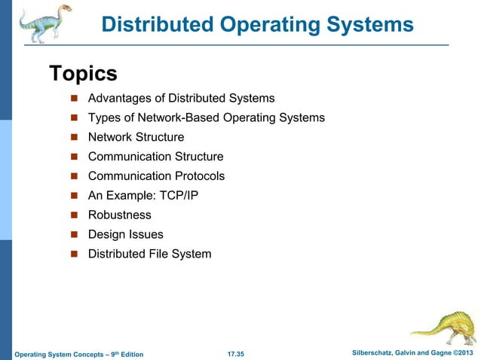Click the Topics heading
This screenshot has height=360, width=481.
pyautogui.click(x=83, y=74)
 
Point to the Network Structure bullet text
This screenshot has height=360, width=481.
pyautogui.click(x=136, y=137)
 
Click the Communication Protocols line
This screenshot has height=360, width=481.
pyautogui.click(x=156, y=176)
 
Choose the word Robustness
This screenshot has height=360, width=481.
pyautogui.click(x=119, y=215)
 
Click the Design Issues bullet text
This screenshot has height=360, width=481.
pyautogui.click(x=125, y=235)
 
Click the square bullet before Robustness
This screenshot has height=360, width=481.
pyautogui.click(x=75, y=215)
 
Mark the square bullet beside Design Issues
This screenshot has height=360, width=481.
pyautogui.click(x=75, y=235)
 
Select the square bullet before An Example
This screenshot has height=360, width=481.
pyautogui.click(x=75, y=196)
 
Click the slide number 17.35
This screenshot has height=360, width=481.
pyautogui.click(x=240, y=354)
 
